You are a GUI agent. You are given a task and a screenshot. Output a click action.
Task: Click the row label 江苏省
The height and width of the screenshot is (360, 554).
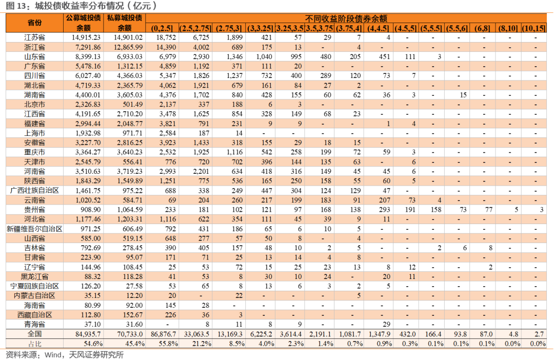tap(35, 37)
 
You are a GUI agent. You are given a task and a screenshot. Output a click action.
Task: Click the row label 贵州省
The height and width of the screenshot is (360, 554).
tap(35, 210)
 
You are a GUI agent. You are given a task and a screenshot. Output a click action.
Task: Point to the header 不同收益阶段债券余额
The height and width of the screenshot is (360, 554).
tap(346, 18)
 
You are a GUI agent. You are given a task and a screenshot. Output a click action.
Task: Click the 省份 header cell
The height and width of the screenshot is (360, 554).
tap(35, 23)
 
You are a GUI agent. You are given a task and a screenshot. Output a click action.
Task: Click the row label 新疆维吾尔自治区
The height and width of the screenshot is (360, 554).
tap(35, 229)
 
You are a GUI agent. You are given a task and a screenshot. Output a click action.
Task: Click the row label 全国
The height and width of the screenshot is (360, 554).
tap(35, 334)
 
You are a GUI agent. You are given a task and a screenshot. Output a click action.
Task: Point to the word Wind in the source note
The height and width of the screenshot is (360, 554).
tap(53, 355)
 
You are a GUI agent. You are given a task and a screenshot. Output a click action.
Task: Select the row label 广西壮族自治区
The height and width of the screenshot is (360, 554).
tap(35, 190)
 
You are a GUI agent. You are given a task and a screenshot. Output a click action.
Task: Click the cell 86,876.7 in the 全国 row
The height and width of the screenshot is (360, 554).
tap(163, 334)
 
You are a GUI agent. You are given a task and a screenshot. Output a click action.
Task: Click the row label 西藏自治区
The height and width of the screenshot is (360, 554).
tap(35, 315)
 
